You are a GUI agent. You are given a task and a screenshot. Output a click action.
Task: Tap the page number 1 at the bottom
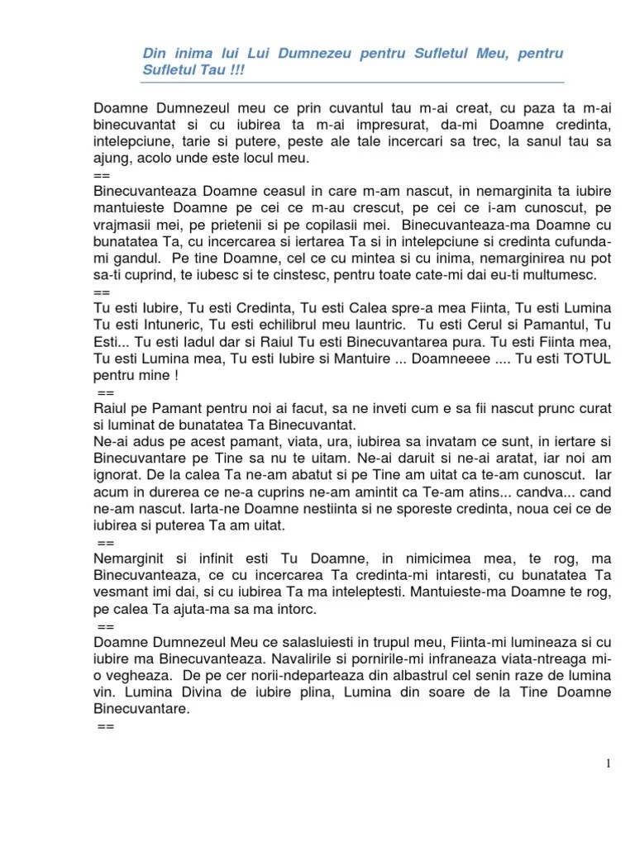[609, 763]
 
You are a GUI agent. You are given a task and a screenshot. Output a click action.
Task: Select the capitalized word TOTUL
[582, 358]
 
